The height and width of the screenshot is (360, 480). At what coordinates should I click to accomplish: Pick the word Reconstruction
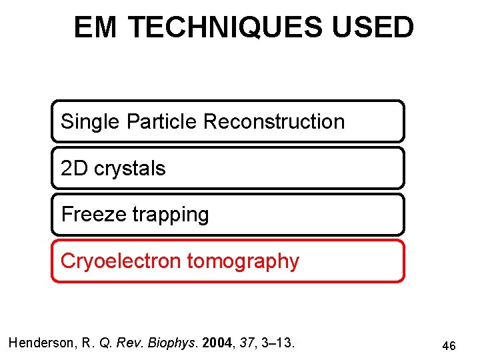274,122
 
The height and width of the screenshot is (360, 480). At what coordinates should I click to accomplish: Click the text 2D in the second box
74,169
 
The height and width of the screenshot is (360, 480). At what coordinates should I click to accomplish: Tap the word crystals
130,169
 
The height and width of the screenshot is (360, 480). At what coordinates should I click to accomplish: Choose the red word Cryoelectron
121,261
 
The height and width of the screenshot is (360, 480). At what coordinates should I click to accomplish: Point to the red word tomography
243,261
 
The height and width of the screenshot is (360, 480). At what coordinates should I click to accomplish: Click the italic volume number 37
247,343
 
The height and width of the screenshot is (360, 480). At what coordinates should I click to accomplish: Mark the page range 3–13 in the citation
279,343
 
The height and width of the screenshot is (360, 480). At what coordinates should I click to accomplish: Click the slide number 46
449,346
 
